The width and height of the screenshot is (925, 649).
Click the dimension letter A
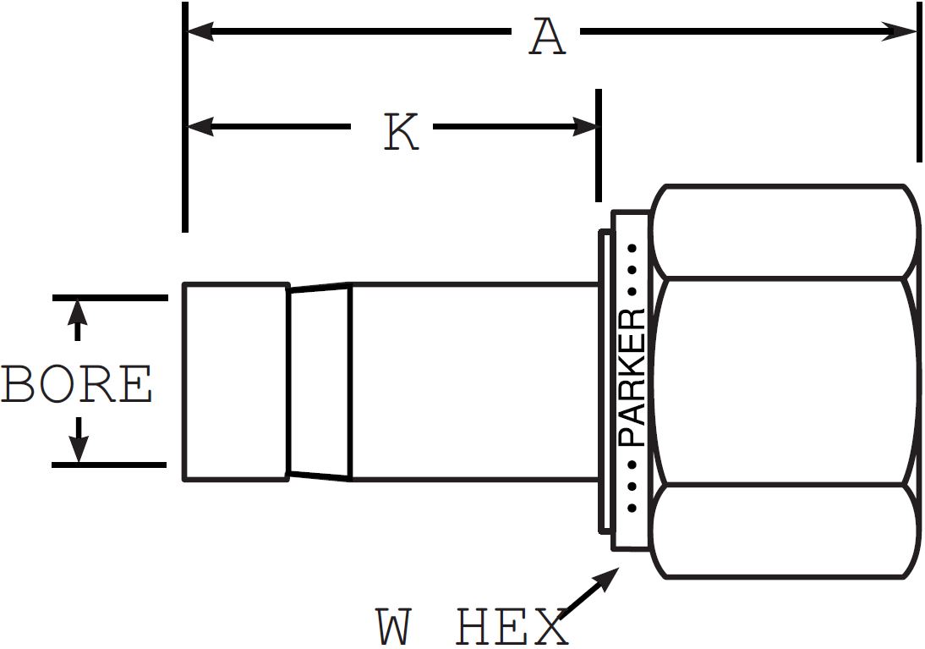pyautogui.click(x=547, y=37)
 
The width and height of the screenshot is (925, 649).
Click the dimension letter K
pyautogui.click(x=401, y=133)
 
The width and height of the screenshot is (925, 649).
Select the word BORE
pyautogui.click(x=77, y=385)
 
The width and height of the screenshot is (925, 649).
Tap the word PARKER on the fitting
pyautogui.click(x=632, y=377)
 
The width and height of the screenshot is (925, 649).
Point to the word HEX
pyautogui.click(x=512, y=628)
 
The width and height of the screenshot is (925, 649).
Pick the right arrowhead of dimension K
pyautogui.click(x=586, y=127)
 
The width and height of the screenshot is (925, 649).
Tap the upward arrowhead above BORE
pyautogui.click(x=78, y=311)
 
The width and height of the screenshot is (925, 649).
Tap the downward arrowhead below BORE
pyautogui.click(x=78, y=451)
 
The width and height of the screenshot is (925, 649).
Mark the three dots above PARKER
pyautogui.click(x=632, y=269)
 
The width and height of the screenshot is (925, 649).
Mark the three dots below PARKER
pyautogui.click(x=632, y=487)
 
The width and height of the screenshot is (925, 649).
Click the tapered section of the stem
pyautogui.click(x=319, y=382)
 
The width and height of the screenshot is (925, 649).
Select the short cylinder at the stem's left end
pyautogui.click(x=236, y=382)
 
